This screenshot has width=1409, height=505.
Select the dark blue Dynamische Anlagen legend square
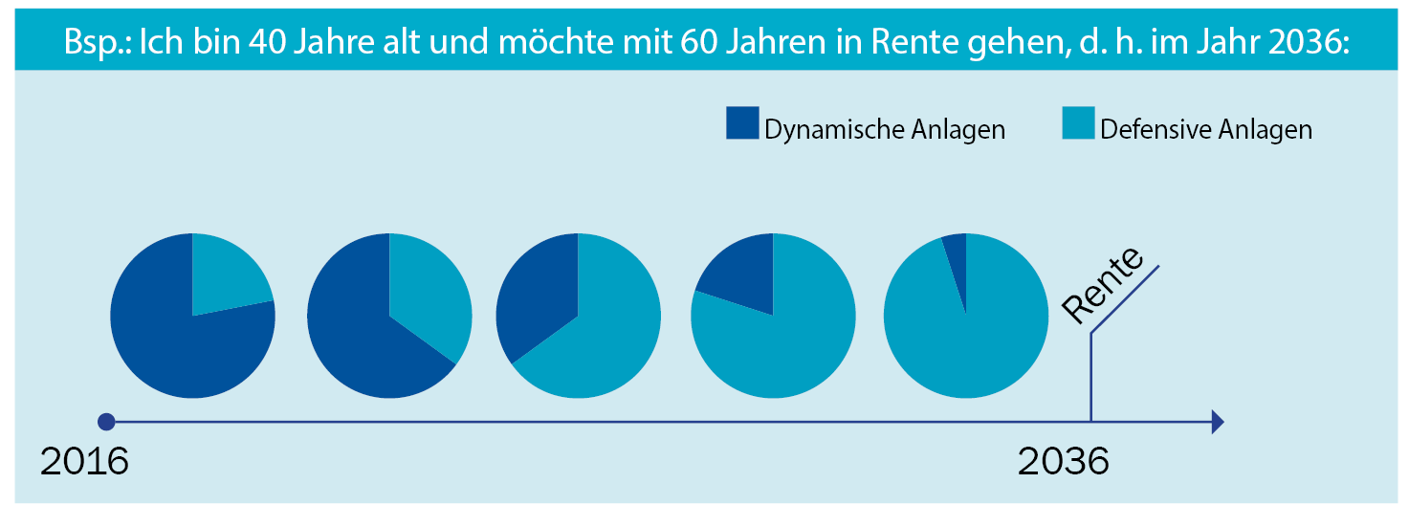coord(742,123)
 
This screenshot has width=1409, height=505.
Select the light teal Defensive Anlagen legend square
coord(1078,123)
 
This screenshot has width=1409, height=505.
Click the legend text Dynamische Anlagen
coord(885,129)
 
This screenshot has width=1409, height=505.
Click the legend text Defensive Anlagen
coord(1206,129)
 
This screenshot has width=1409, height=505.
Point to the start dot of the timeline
coord(106,421)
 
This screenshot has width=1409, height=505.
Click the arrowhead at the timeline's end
coord(1217,421)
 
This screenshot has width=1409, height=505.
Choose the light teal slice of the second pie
coord(430,296)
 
